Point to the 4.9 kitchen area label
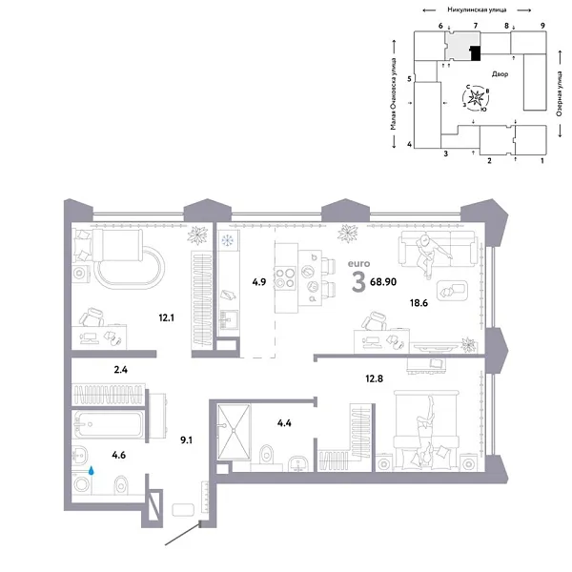(258, 282)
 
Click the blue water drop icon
(92, 470)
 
